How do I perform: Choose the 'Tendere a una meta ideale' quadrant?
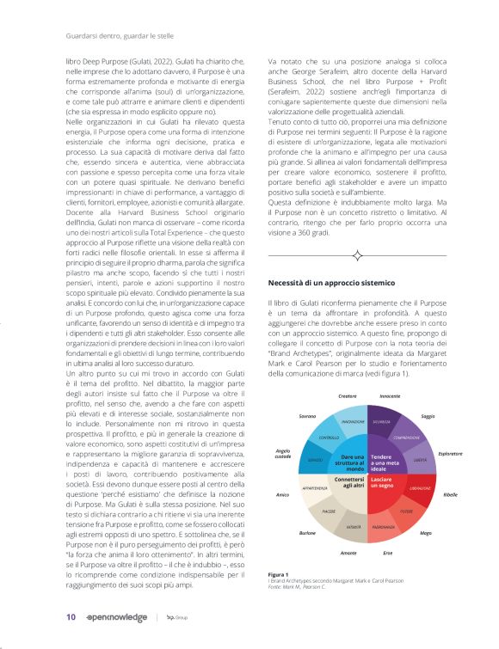tap(385, 461)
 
